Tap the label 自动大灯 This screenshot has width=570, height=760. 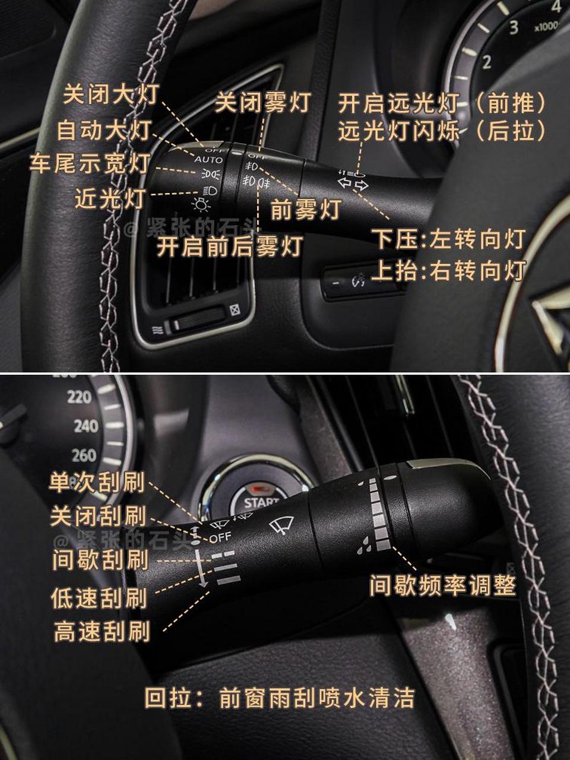104,130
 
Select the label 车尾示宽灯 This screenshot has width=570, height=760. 90,163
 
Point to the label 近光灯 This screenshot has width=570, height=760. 110,199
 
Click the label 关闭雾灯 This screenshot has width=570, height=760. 262,102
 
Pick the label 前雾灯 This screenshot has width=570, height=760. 306,209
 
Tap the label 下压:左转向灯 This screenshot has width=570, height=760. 449,239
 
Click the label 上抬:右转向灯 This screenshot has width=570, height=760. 449,271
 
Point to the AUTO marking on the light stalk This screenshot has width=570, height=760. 208,160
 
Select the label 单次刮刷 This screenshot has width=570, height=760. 97,482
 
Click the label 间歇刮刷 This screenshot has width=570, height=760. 99,559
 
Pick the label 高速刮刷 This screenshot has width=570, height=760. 102,631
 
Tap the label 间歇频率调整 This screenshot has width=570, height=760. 442,585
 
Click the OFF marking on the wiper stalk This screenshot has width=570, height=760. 220,537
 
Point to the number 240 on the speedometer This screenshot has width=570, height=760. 85,426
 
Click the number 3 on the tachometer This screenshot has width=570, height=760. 514,27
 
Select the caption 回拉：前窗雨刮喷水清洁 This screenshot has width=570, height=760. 279,698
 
